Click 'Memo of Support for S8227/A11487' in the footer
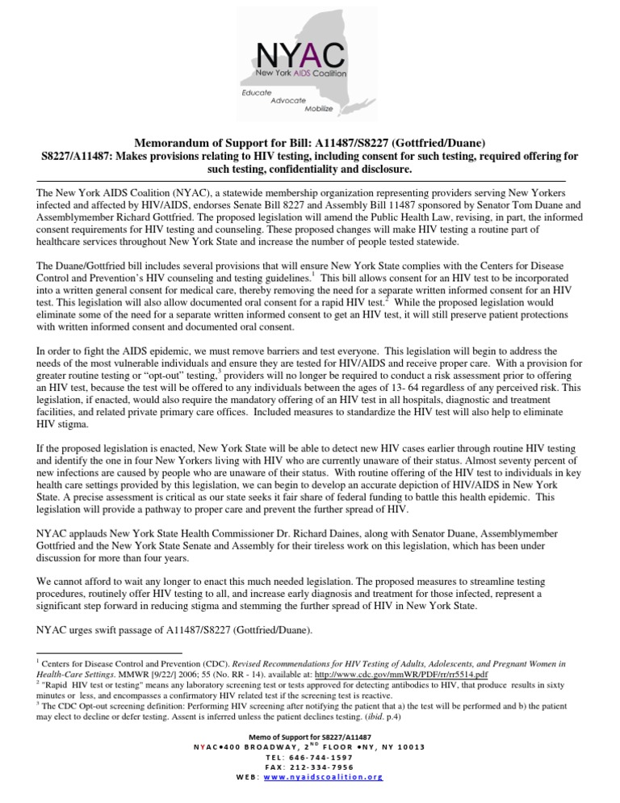click(309, 738)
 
